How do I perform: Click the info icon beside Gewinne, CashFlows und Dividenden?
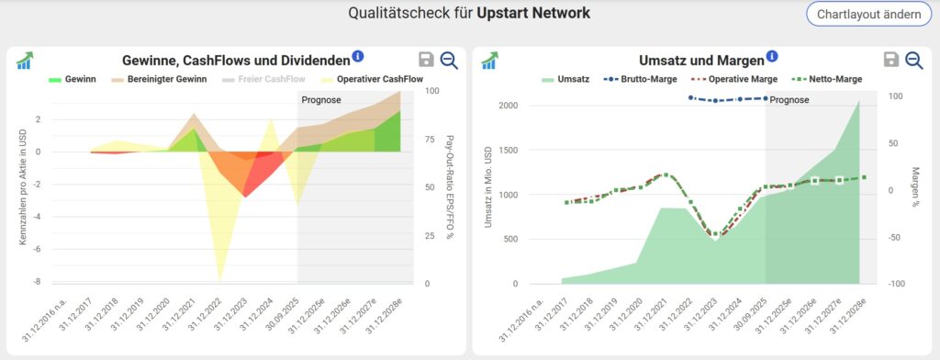[358, 57]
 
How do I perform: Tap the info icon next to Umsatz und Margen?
[772, 57]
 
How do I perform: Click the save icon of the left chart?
[425, 60]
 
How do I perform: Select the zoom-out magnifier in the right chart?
[913, 60]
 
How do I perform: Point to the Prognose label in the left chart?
[320, 99]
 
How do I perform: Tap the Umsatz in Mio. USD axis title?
[488, 188]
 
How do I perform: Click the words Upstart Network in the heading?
[533, 14]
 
